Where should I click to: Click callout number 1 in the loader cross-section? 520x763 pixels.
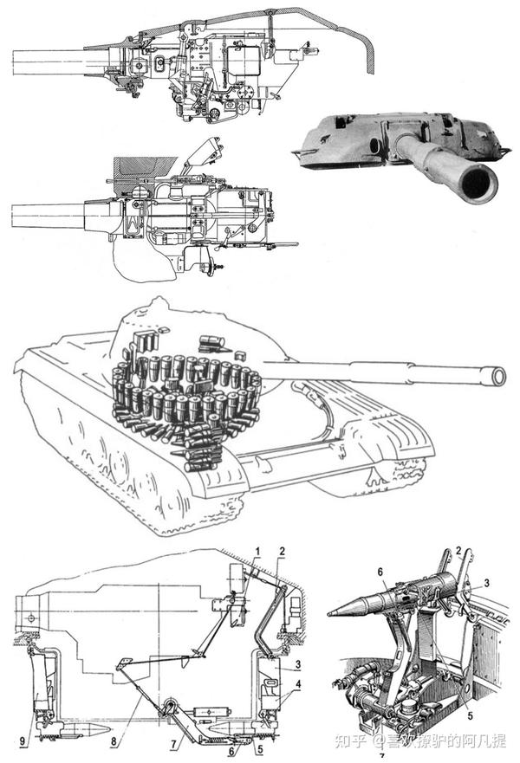257,552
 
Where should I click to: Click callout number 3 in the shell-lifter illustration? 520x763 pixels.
489,582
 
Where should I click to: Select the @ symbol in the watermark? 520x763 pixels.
378,741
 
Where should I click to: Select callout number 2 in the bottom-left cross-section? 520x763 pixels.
283,552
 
